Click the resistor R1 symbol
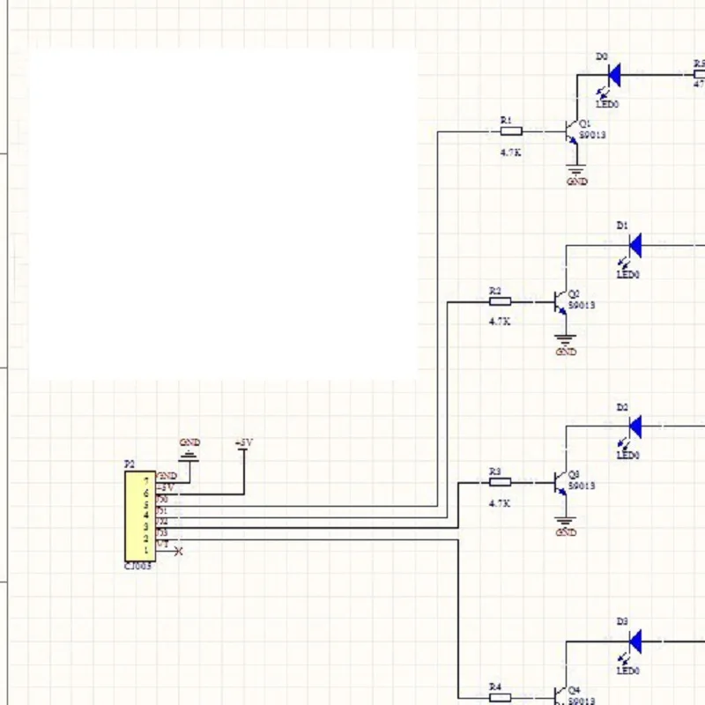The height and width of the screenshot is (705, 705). coord(511,131)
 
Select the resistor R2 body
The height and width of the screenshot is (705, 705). coord(500,302)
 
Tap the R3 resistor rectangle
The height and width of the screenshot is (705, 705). coord(500,482)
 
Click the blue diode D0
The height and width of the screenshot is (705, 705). coord(614,75)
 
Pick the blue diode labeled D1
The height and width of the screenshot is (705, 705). coord(634,246)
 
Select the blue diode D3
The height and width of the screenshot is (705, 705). coord(634,641)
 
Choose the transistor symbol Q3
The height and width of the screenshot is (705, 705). coord(560,482)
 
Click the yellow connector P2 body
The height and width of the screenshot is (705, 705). coord(139,516)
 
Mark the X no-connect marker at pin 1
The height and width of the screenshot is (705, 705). coord(180,552)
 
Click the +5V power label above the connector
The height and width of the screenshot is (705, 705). coord(244,442)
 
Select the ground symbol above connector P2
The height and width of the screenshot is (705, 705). coord(189,456)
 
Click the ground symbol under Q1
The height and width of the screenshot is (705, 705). coord(577,171)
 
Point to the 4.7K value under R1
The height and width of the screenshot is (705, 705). coord(511,152)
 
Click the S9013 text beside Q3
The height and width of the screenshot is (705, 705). coord(582,486)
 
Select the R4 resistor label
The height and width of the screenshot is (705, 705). coord(494,686)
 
